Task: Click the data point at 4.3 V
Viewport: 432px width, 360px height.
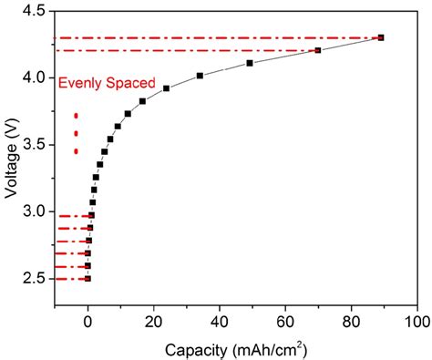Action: point(381,37)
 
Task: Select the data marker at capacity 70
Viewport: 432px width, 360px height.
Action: point(318,50)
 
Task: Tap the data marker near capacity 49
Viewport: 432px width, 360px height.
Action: point(250,63)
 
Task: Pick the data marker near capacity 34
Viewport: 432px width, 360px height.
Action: point(200,76)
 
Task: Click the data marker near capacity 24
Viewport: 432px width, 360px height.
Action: point(166,88)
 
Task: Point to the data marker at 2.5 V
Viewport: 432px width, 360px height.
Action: point(87,279)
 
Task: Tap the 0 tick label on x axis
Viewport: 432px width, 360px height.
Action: point(87,322)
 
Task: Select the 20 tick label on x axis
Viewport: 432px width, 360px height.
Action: point(153,322)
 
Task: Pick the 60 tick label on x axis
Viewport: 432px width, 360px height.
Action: point(285,322)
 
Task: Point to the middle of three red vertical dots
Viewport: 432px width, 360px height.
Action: point(76,133)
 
